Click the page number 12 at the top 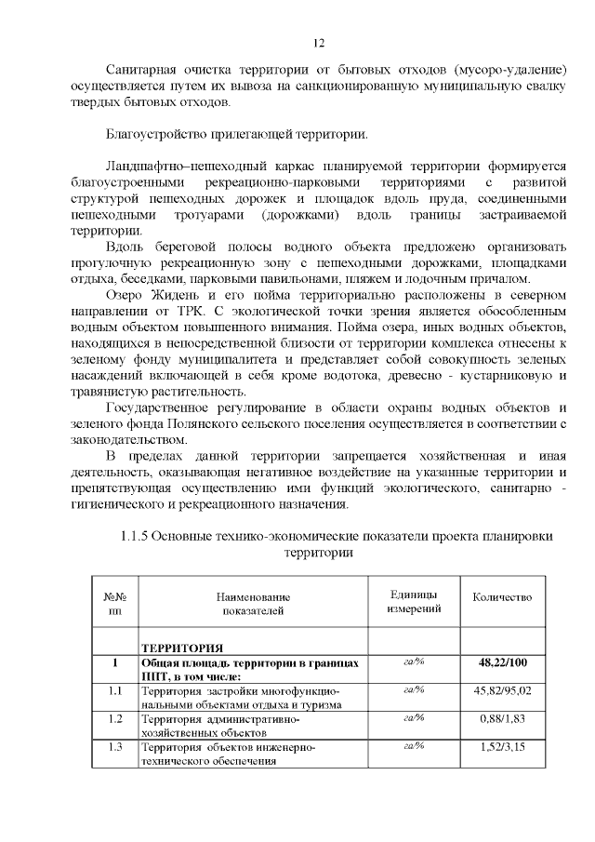[x=317, y=44]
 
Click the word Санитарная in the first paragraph [x=143, y=71]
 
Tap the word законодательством [x=129, y=439]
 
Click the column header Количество [x=502, y=597]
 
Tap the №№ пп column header [x=114, y=604]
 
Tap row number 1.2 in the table [x=114, y=718]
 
